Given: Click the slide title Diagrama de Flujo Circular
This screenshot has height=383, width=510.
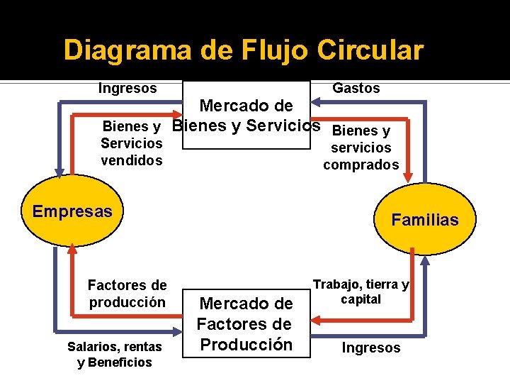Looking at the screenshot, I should point(243,50).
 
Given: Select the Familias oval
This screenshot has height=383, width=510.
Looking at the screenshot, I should point(425,219).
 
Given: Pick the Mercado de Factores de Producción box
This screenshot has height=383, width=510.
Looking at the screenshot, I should point(245,323).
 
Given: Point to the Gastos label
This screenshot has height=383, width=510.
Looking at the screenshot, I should point(356,88).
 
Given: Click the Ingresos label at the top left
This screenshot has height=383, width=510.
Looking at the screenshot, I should point(127,88).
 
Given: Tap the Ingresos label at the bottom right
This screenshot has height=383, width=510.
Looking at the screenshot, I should point(371,348).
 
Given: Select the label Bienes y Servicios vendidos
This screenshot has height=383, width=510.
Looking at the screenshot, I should point(132,143).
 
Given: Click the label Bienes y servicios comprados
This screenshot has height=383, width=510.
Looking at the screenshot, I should point(362,148).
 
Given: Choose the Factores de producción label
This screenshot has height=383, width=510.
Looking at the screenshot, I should point(127,294).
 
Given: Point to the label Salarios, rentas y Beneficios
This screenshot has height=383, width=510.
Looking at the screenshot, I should point(115,354).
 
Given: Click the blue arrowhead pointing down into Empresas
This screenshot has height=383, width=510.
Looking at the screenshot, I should point(59,171).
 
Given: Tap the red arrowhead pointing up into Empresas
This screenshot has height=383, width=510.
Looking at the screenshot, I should point(72,250).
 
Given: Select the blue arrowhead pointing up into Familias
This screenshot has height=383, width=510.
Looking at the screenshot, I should point(424,260).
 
